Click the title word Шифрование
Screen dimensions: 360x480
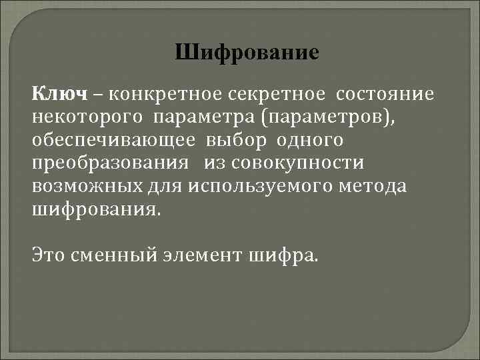(247, 53)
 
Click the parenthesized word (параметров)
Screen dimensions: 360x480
(319, 117)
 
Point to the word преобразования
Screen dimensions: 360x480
(103, 164)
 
